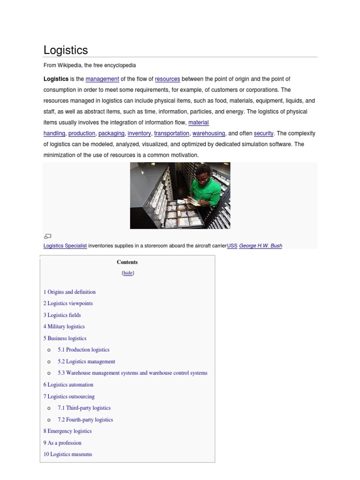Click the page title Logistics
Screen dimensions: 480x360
pos(66,50)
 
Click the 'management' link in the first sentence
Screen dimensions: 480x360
pos(102,79)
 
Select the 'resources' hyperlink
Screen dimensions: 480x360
pos(167,79)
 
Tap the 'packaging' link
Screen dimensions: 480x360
pos(111,134)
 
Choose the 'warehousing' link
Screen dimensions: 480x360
pos(209,134)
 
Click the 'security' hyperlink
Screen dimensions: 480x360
pos(263,134)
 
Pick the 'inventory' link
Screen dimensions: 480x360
pos(139,134)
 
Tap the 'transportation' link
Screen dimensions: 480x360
pos(172,134)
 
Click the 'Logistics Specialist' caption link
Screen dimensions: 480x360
pos(65,246)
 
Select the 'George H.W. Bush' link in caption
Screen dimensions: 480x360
pos(260,246)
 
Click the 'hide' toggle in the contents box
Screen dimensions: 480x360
pos(128,273)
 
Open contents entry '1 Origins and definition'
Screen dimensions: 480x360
pos(69,292)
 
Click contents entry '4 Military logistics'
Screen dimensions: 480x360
pos(64,327)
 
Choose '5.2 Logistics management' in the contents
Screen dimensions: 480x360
pos(86,361)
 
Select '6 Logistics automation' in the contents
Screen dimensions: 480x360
pos(68,385)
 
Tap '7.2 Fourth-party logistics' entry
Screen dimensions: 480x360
pos(85,420)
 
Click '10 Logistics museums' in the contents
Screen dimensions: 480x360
pos(68,454)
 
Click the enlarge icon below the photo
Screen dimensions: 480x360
pos(47,236)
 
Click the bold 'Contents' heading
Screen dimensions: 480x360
pos(127,262)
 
